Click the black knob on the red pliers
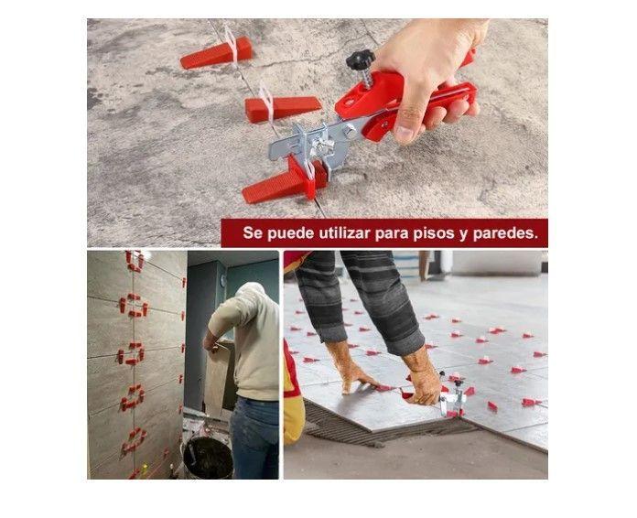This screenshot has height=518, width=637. click(x=361, y=59)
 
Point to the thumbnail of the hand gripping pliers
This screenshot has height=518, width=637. click(x=318, y=133)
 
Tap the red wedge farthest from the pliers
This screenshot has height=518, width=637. click(x=216, y=52)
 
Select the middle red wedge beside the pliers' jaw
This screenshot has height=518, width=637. click(x=282, y=108)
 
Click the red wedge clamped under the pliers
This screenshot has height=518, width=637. click(x=285, y=182)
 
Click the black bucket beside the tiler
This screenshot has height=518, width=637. click(x=208, y=458)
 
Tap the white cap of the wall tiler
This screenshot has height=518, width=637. click(x=252, y=290)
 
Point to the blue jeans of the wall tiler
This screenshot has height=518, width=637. click(x=254, y=437)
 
